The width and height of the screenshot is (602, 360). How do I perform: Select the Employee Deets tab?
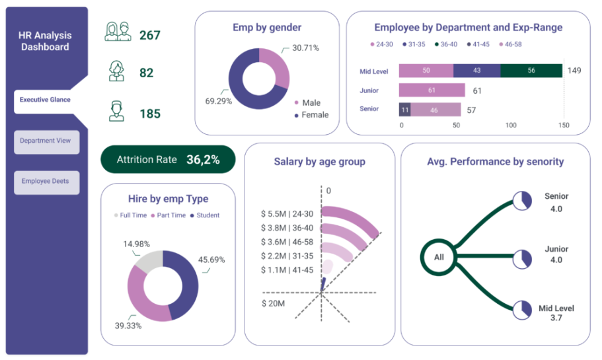point(46,182)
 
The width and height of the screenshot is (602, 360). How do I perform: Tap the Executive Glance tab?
point(45,100)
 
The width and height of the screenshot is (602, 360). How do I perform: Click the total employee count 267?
point(150,35)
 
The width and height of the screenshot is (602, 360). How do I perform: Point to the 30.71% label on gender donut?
point(305,48)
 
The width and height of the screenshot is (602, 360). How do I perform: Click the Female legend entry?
point(311,115)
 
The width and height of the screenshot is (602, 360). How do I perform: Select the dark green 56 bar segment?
point(531,71)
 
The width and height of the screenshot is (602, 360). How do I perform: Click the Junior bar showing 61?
point(432,90)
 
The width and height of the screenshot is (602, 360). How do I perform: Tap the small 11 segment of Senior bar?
point(404,110)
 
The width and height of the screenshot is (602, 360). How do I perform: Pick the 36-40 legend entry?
point(446,44)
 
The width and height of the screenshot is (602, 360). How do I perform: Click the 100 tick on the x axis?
point(511,125)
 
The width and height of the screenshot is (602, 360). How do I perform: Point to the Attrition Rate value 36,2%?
point(203,160)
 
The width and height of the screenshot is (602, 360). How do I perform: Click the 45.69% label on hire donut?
point(211,260)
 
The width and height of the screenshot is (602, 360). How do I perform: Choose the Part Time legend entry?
point(168,215)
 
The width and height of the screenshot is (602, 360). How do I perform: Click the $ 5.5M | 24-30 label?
point(287,214)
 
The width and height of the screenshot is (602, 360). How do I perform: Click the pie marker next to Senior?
point(522,201)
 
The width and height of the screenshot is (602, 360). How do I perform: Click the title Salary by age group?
point(319,162)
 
